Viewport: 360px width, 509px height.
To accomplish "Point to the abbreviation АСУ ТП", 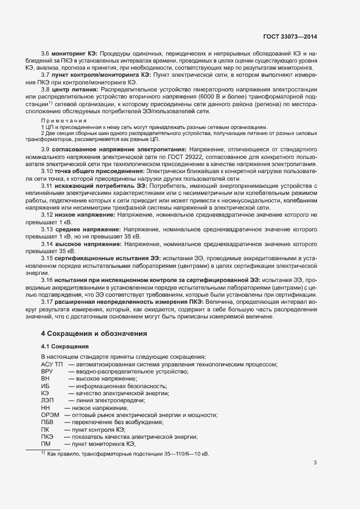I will (52, 364).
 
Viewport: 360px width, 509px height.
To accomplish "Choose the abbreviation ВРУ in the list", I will (47, 371).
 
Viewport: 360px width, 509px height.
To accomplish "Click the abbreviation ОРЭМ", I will (50, 415).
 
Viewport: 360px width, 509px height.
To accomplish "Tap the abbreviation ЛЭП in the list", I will (47, 400).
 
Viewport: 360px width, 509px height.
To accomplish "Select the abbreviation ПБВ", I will (47, 422).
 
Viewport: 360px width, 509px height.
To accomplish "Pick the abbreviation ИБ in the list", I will (45, 385).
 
